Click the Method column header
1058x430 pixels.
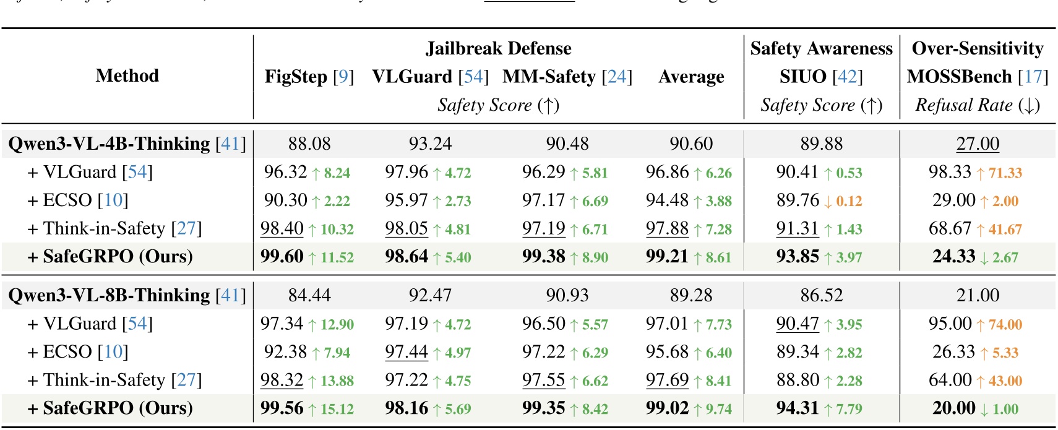point(127,75)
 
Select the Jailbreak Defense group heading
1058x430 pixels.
point(498,48)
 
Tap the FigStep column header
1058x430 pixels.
point(309,77)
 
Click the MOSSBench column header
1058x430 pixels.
point(977,77)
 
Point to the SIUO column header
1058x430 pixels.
point(820,77)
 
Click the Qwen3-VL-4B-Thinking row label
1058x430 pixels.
point(127,144)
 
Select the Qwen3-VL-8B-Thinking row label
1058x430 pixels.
point(127,295)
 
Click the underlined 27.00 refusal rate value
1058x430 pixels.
point(977,144)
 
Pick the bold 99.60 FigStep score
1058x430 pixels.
point(282,256)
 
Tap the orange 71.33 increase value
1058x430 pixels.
point(1005,173)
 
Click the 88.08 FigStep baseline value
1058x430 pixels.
point(309,144)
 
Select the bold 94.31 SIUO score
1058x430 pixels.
point(797,408)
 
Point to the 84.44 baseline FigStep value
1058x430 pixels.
point(309,295)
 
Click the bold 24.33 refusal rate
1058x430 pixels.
point(953,256)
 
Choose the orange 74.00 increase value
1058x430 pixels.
point(1005,325)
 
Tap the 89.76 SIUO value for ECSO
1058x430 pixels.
point(797,200)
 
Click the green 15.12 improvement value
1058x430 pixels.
point(337,409)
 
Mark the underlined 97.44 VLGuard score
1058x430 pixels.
point(406,352)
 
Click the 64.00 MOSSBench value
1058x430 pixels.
point(950,380)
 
